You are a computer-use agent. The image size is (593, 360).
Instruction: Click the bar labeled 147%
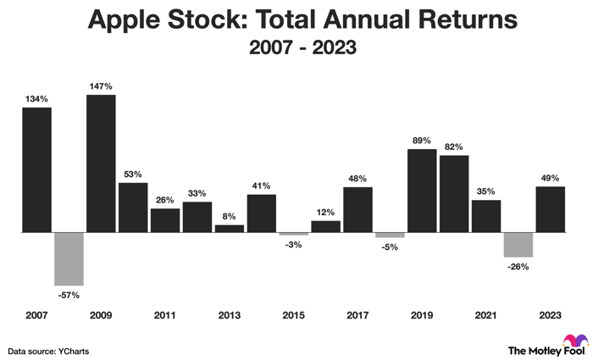pyautogui.click(x=101, y=163)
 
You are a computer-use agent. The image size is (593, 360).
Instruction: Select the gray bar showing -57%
pyautogui.click(x=69, y=258)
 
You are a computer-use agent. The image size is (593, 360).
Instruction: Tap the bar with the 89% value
pyautogui.click(x=422, y=191)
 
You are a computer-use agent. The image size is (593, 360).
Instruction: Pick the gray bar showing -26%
pyautogui.click(x=518, y=244)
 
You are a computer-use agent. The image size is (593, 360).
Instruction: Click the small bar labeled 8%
pyautogui.click(x=230, y=228)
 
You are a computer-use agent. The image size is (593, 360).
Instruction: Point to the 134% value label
pyautogui.click(x=37, y=97)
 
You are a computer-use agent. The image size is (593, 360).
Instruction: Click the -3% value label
pyautogui.click(x=293, y=245)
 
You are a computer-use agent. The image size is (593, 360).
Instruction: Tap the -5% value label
pyautogui.click(x=390, y=247)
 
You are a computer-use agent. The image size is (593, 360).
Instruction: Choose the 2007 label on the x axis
pyautogui.click(x=37, y=315)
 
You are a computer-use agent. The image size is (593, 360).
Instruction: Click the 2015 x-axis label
pyautogui.click(x=293, y=315)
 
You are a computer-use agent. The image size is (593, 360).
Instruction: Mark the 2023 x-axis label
pyautogui.click(x=550, y=315)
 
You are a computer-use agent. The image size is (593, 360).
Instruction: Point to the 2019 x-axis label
pyautogui.click(x=422, y=315)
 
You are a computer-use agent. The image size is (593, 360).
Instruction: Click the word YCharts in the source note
pyautogui.click(x=75, y=350)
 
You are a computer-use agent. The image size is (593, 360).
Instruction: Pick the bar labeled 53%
pyautogui.click(x=133, y=207)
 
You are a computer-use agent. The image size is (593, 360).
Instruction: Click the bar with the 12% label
pyautogui.click(x=325, y=226)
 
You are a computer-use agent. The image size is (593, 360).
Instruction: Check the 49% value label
pyautogui.click(x=550, y=177)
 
